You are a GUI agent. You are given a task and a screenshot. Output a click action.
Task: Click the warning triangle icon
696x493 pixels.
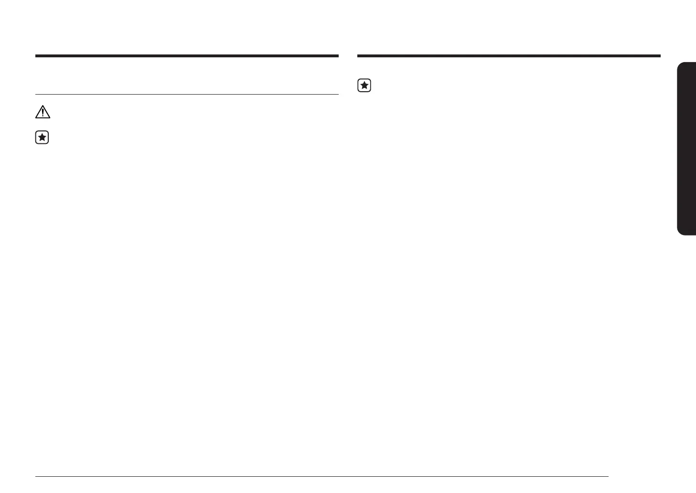pos(43,112)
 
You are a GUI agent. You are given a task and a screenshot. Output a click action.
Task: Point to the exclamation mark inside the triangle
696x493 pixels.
pos(43,113)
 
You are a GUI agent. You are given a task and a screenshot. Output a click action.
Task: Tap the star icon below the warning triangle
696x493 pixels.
pos(42,138)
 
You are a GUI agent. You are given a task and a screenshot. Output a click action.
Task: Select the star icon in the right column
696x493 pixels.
pos(364,86)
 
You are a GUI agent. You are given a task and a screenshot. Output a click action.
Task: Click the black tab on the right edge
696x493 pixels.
pos(686,149)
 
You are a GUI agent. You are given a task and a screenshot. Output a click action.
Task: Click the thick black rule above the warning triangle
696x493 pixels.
pos(187,56)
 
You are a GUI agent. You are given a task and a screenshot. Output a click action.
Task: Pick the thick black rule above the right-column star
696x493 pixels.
pos(509,56)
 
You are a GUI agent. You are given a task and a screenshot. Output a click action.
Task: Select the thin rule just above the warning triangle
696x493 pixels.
pos(187,94)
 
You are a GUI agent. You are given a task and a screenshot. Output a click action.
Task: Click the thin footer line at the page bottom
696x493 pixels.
pos(321,476)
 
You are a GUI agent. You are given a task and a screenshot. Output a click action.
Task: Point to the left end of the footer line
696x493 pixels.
pos(36,476)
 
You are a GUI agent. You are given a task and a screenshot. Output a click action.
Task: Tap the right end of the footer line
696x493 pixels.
pos(608,476)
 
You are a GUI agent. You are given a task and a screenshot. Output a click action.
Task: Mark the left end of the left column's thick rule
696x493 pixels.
pos(36,56)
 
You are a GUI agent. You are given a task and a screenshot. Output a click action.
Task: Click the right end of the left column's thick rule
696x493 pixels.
pos(338,56)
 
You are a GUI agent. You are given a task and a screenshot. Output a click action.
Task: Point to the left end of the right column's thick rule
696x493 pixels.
pos(358,56)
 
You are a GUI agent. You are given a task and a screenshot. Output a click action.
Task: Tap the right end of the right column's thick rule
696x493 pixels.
pos(660,56)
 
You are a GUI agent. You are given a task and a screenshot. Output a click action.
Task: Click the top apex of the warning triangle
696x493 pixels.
pos(43,106)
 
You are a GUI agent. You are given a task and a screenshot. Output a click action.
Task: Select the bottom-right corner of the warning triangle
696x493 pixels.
pos(50,118)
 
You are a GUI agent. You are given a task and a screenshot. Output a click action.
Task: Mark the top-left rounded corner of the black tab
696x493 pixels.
pos(679,64)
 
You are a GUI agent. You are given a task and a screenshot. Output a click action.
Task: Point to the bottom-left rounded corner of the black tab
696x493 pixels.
pos(679,233)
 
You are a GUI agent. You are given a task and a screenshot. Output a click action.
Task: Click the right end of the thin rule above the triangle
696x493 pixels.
pos(338,94)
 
